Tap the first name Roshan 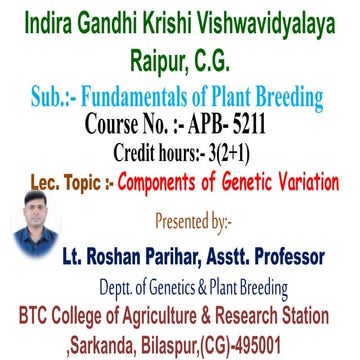coord(122,254)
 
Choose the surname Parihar coord(187,254)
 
